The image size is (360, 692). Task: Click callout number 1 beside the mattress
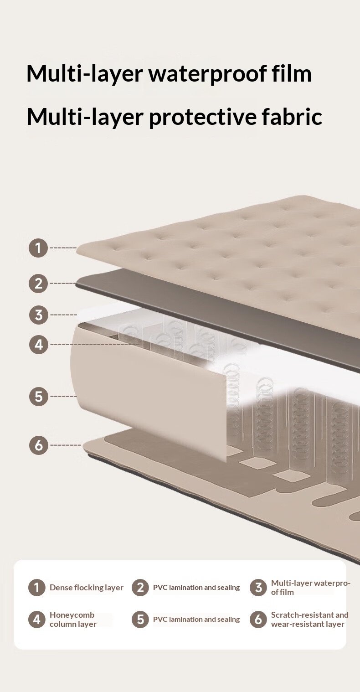(x=38, y=248)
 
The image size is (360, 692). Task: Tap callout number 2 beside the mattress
(x=38, y=283)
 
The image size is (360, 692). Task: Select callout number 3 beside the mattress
(x=38, y=315)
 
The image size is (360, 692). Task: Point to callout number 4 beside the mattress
(x=38, y=344)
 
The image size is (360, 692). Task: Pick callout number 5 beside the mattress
(x=38, y=396)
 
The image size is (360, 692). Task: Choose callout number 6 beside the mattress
(x=38, y=445)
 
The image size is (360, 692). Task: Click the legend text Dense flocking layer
(x=87, y=587)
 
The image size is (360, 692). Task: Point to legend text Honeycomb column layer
(x=73, y=619)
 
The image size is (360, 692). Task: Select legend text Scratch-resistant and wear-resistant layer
(x=310, y=619)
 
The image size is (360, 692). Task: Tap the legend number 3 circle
(x=258, y=587)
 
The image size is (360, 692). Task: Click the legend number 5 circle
(x=140, y=619)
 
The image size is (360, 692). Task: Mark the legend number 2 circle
(x=140, y=587)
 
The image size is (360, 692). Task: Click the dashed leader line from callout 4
(x=95, y=344)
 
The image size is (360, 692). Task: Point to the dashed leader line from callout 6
(x=66, y=445)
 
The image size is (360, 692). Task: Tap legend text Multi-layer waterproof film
(x=311, y=587)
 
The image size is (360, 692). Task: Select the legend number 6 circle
(x=258, y=619)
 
